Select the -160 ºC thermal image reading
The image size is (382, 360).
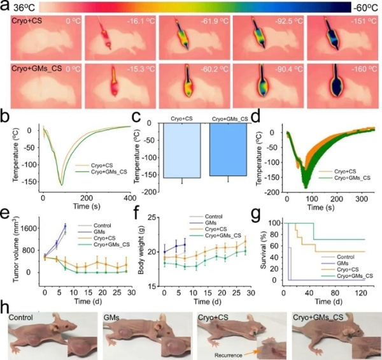358,68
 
